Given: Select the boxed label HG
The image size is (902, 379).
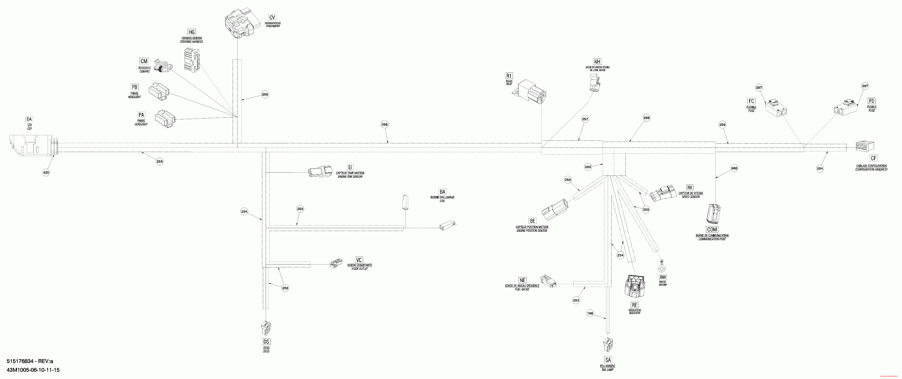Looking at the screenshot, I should (192, 32).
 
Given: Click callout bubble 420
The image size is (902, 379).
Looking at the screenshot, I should (46, 172).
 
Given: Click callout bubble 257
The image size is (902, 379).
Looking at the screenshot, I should (585, 119).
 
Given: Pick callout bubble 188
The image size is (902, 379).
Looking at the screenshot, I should (590, 314).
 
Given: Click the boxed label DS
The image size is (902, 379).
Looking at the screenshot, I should (266, 342).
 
